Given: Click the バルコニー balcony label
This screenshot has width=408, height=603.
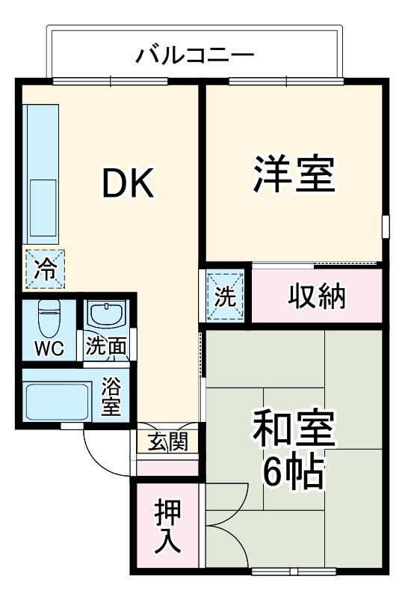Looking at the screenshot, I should [196, 55].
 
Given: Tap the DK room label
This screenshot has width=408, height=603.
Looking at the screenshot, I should [128, 184].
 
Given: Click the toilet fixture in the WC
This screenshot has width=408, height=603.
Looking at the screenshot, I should [49, 318].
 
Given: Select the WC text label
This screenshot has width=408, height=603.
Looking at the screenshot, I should [48, 349].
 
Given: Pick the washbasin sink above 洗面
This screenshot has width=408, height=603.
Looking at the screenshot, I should [108, 314].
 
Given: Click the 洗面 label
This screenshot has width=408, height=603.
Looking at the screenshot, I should [108, 347].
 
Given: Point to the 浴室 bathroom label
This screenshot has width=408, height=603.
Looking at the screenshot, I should [111, 397].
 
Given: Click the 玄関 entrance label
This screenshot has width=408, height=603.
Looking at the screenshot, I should [167, 443].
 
